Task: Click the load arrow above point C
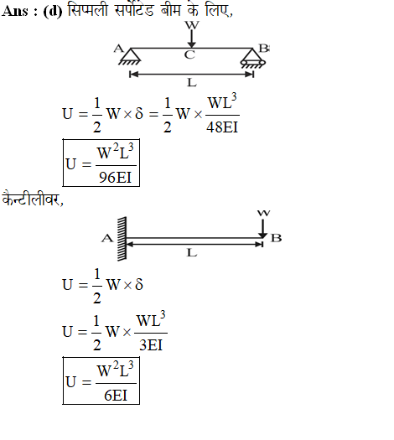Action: tap(192, 39)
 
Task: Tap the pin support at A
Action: tap(130, 57)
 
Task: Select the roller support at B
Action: tap(253, 59)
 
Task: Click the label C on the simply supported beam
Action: tap(189, 54)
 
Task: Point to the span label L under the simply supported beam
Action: tap(192, 83)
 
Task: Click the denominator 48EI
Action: tap(222, 127)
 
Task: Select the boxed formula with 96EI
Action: tap(101, 163)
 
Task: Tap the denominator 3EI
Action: tap(151, 344)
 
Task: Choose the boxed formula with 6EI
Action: tap(101, 380)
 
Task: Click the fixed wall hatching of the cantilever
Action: tap(122, 239)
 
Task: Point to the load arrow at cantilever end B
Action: tap(263, 229)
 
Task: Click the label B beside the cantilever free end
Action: tap(276, 238)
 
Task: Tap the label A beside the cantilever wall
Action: tap(107, 239)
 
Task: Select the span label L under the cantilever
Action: tap(192, 253)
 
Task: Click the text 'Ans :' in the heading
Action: tap(19, 12)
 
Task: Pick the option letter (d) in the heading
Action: tap(53, 12)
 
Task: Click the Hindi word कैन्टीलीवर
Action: tap(33, 199)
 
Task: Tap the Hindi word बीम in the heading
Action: tap(170, 11)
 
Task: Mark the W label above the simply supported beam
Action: tap(192, 25)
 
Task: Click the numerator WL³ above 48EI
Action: tap(222, 101)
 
